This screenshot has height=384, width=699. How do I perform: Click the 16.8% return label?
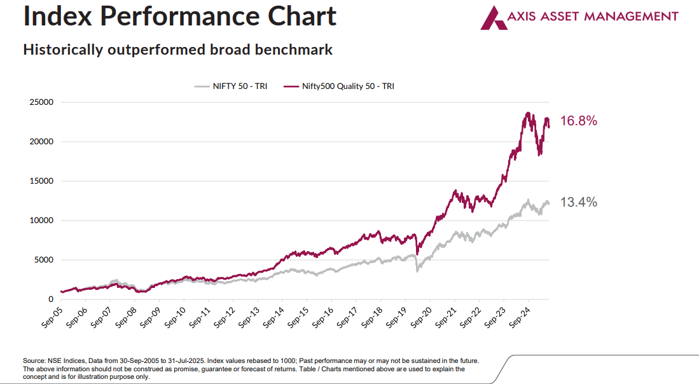point(578,121)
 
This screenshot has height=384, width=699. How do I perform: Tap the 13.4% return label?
point(578,202)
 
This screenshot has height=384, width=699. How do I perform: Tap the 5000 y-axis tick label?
point(44,259)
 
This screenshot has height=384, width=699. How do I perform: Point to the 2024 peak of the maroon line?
point(527,113)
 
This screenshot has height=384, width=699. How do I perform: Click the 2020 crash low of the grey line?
point(418,271)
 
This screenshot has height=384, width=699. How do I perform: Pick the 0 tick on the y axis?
point(50,299)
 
